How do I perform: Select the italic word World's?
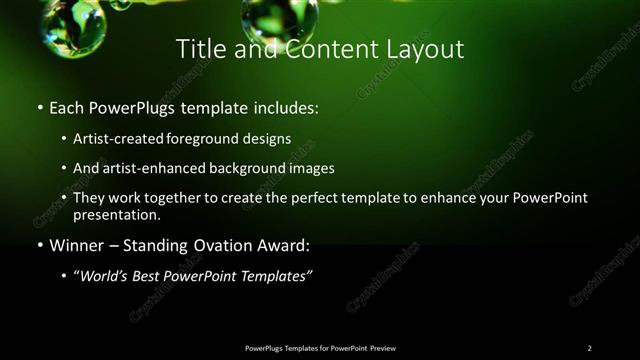[x=105, y=275]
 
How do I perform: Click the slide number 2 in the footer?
[x=589, y=348]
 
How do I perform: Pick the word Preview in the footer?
[x=383, y=348]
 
